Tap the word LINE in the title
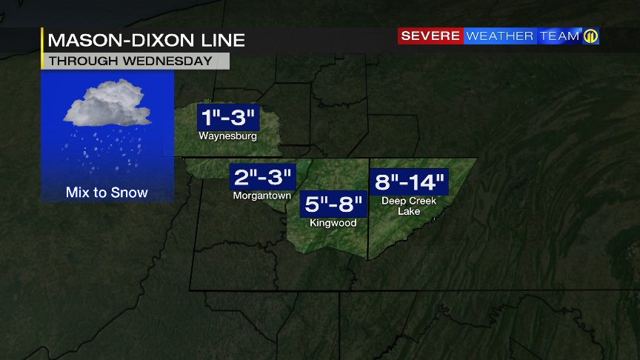click(223, 40)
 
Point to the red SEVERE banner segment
click(431, 36)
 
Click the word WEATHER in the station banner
click(500, 36)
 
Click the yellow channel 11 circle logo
click(590, 36)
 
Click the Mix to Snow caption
click(107, 193)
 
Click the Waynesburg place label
click(227, 137)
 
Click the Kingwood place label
click(333, 223)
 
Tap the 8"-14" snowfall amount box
click(409, 181)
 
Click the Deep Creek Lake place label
click(409, 206)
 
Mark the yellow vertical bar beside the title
click(43, 49)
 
